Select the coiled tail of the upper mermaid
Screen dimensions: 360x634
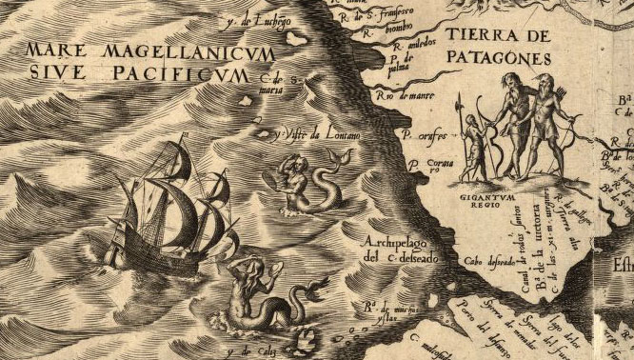click(328, 194)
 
